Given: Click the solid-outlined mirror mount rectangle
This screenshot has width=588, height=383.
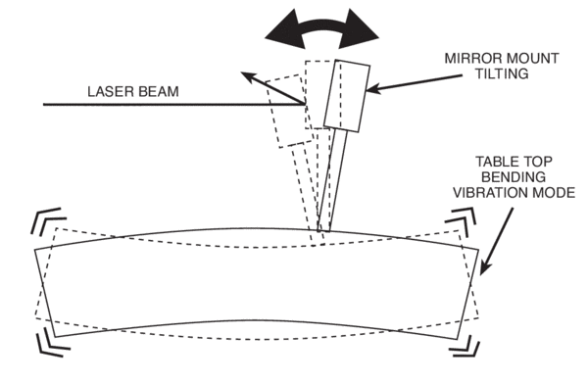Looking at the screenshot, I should (x=348, y=95).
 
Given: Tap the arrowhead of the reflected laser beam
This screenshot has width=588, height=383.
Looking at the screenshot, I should (x=251, y=76).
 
